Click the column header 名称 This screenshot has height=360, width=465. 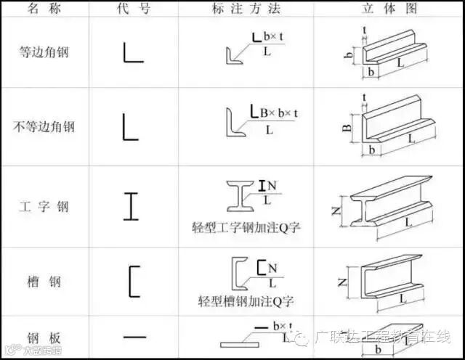(44, 8)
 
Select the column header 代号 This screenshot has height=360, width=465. (131, 8)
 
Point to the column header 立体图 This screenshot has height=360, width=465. (389, 8)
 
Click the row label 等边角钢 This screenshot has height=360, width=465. (44, 52)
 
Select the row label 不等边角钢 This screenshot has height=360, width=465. (44, 127)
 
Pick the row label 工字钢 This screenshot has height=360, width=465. (44, 207)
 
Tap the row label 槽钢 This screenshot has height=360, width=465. (44, 281)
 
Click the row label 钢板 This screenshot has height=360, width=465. (44, 338)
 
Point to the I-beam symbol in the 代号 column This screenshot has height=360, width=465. (131, 205)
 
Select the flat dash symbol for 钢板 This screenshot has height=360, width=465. (134, 337)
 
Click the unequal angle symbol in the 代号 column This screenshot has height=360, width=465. (130, 126)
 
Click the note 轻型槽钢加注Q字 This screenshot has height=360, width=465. (250, 300)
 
